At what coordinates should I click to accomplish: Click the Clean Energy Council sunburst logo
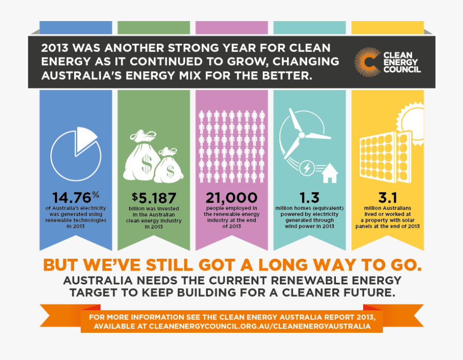coord(367,62)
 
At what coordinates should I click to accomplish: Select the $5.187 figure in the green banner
coord(154,197)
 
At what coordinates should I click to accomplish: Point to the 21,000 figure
coord(232,197)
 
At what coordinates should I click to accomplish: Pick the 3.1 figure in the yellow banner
coord(387,197)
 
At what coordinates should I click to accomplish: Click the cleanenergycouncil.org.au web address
coord(259,327)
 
